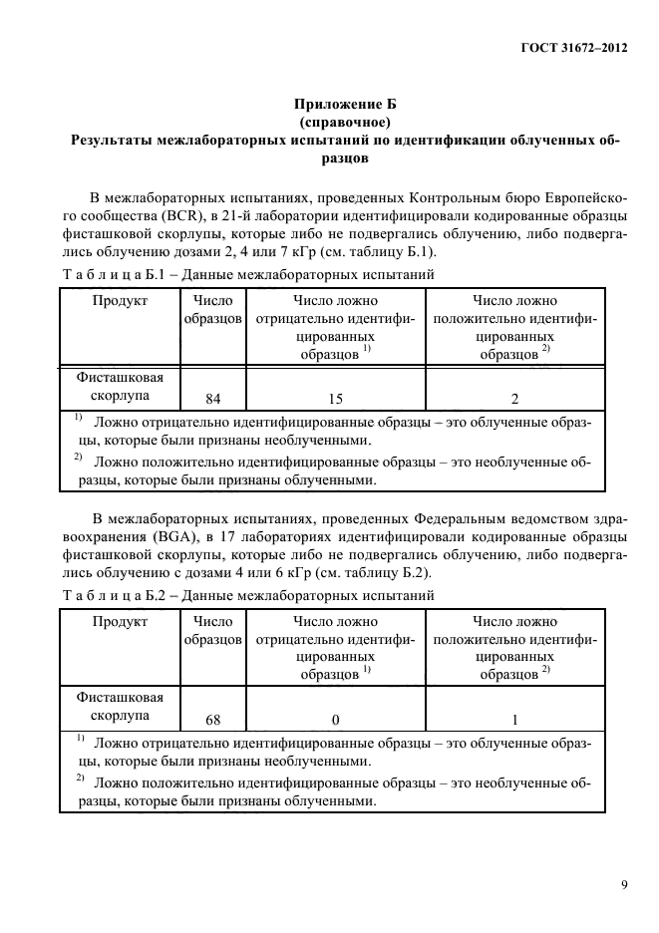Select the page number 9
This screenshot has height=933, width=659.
point(623,883)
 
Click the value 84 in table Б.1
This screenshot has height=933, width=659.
point(212,399)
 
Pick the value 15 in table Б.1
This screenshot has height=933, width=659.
point(335,399)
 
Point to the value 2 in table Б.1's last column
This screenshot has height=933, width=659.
point(514,399)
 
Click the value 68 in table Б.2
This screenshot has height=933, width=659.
point(212,719)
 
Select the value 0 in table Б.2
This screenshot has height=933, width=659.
point(335,719)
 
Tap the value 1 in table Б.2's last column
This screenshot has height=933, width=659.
point(514,719)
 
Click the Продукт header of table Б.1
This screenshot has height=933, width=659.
point(120,301)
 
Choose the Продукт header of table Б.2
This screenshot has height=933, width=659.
point(120,621)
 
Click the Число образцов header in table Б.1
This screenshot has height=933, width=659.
point(212,310)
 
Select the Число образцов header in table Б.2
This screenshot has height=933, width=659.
point(212,630)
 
